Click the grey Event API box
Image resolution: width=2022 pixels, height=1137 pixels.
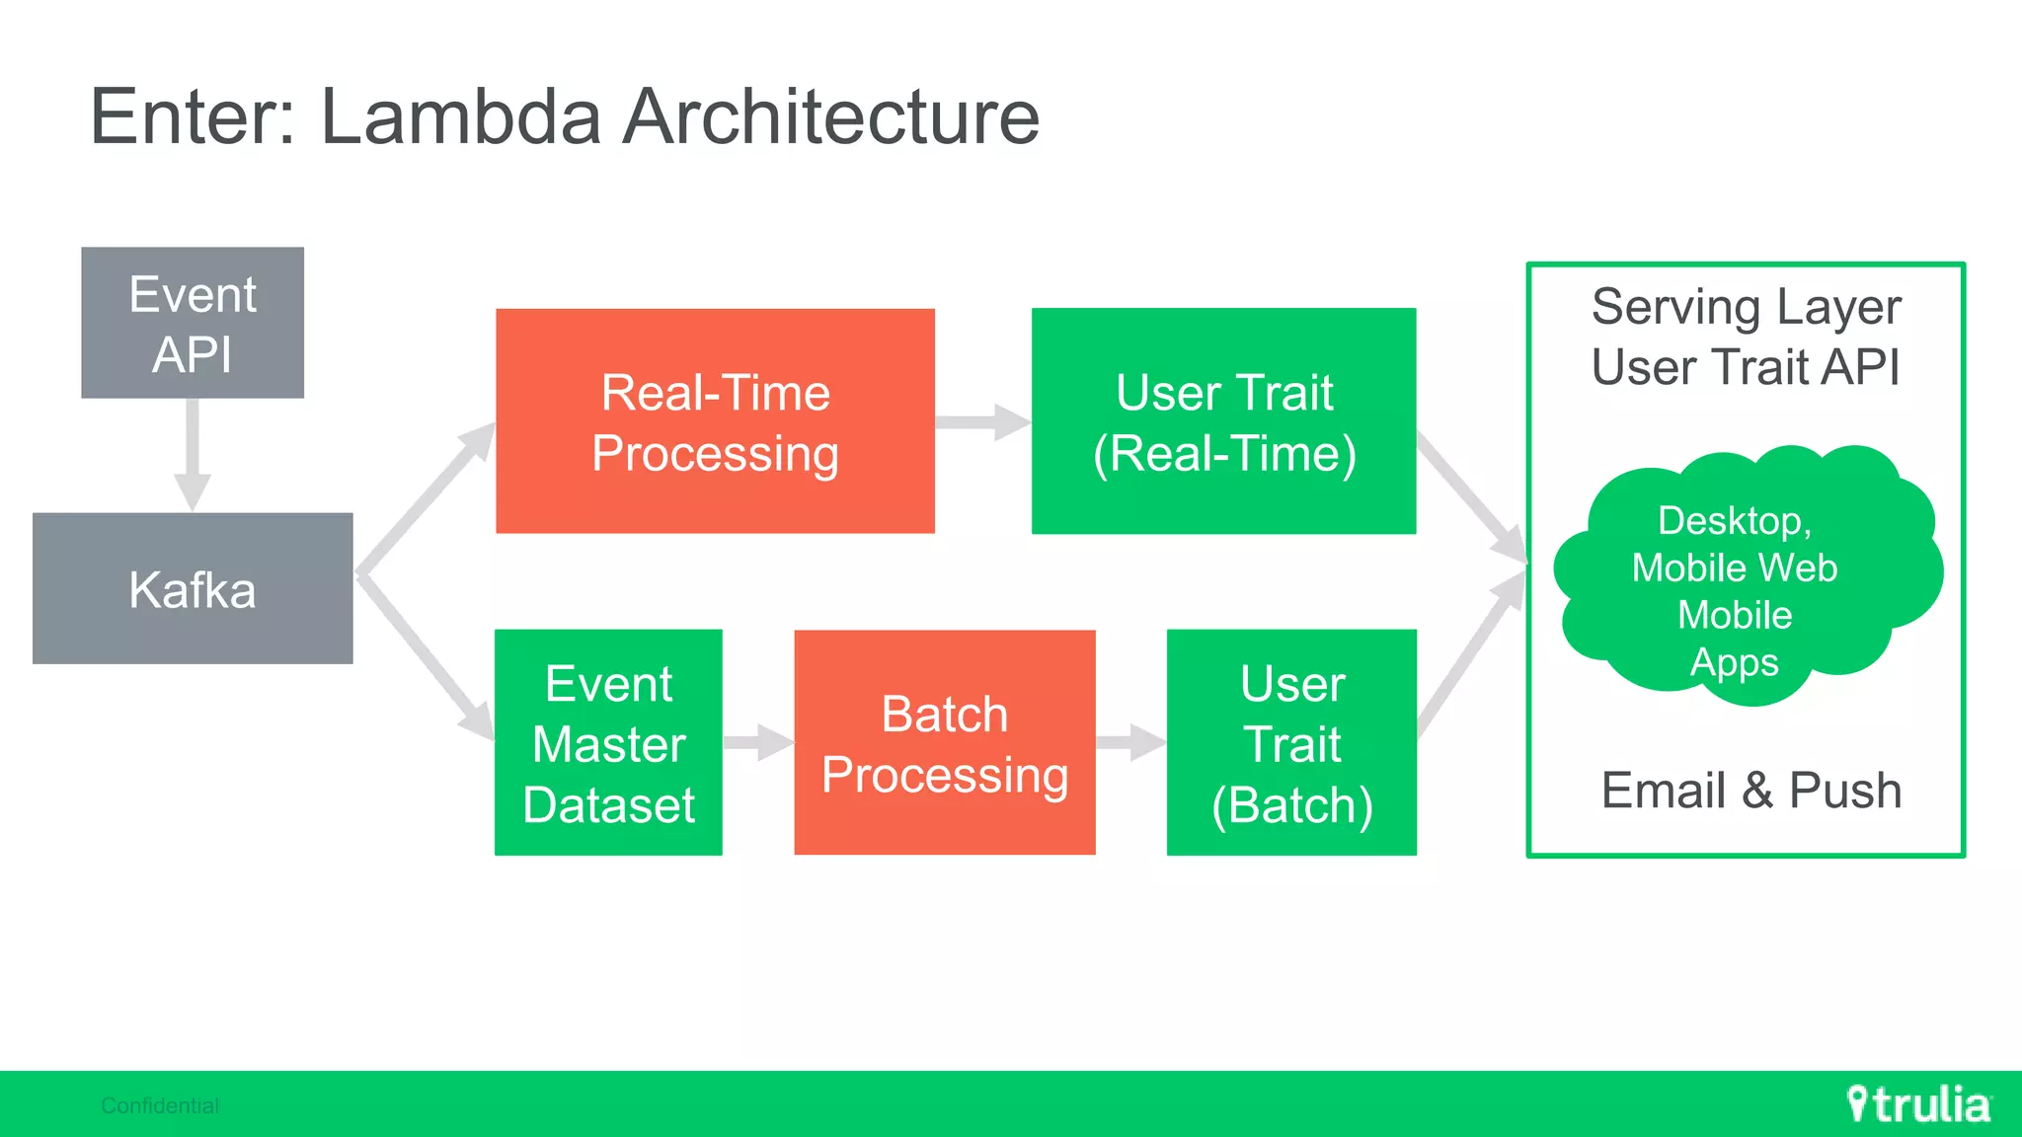click(x=193, y=323)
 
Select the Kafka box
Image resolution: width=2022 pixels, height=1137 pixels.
click(x=193, y=588)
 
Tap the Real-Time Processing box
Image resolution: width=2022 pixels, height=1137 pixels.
click(x=715, y=421)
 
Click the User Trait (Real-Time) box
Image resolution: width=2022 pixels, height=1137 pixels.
click(x=1223, y=421)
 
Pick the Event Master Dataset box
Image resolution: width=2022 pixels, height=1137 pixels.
click(x=608, y=742)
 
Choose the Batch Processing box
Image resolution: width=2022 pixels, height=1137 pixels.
click(x=944, y=742)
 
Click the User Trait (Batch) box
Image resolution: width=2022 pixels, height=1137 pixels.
click(x=1291, y=742)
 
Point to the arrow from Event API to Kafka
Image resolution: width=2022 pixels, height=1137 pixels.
click(x=193, y=454)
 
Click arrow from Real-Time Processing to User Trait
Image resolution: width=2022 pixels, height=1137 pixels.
click(x=981, y=422)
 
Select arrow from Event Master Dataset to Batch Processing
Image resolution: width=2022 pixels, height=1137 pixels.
click(x=757, y=742)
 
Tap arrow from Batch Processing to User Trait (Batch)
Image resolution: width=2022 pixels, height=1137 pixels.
click(x=1130, y=742)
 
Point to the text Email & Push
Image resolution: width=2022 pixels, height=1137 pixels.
click(x=1750, y=791)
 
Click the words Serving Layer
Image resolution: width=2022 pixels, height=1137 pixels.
click(x=1746, y=307)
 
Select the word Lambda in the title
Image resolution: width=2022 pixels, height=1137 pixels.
click(x=460, y=116)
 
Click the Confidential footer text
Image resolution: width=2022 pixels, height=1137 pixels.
click(x=160, y=1105)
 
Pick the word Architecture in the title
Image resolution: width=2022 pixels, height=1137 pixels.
click(x=831, y=116)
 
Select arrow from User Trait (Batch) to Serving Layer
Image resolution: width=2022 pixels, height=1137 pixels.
click(x=1471, y=656)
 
